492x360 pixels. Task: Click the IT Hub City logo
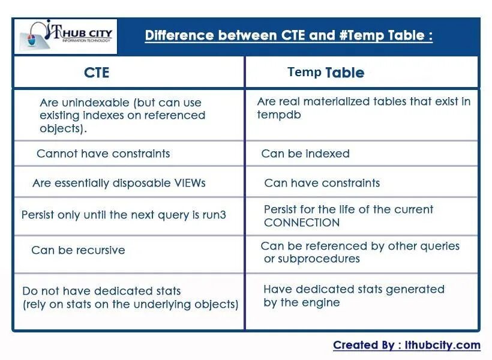pyautogui.click(x=65, y=36)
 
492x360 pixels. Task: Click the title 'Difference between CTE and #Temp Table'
pyautogui.click(x=289, y=35)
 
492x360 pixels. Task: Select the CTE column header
pyautogui.click(x=97, y=73)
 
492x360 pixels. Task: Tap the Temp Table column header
pyautogui.click(x=326, y=73)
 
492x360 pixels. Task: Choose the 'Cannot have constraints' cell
pyautogui.click(x=103, y=154)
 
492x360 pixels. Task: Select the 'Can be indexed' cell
pyautogui.click(x=305, y=154)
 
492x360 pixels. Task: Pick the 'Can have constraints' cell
pyautogui.click(x=322, y=183)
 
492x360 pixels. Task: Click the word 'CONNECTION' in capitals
pyautogui.click(x=302, y=223)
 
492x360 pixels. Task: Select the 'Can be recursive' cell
pyautogui.click(x=78, y=250)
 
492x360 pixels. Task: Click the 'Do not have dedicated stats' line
pyautogui.click(x=101, y=291)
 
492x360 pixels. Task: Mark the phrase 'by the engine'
pyautogui.click(x=301, y=302)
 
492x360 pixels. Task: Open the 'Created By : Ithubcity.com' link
pyautogui.click(x=407, y=345)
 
